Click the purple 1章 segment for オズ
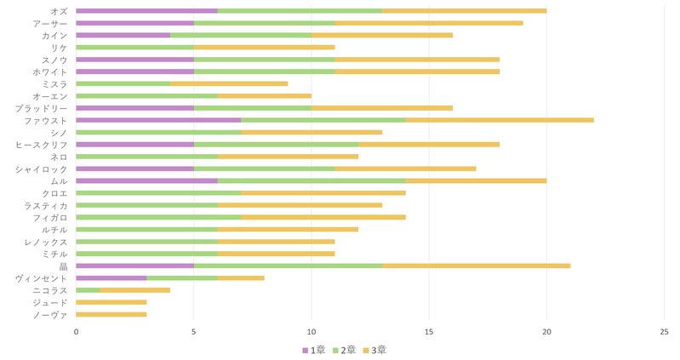pos(146,11)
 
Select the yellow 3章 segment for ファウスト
pos(500,120)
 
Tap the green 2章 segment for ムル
pos(311,181)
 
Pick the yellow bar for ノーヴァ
pos(111,315)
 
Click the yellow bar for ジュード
pos(111,302)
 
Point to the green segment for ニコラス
pos(88,290)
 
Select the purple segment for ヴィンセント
pos(111,278)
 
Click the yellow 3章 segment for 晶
pos(476,266)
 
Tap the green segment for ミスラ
pos(123,83)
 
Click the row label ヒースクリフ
pos(42,145)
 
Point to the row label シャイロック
pos(42,169)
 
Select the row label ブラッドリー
pos(42,108)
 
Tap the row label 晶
pos(64,266)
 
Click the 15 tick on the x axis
pos(429,332)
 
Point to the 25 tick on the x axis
pos(664,332)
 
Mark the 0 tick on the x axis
pos(76,332)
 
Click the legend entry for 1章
pos(313,350)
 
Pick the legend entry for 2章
pos(343,350)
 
